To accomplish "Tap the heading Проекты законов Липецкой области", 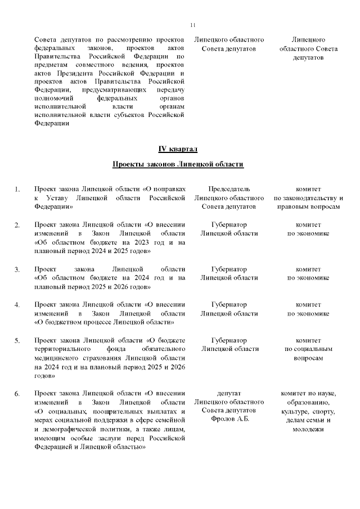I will (178, 164).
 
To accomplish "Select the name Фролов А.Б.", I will (229, 420).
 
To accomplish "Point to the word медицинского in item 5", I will (59, 358).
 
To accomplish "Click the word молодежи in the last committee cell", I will (308, 429).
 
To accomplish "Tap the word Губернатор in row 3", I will (229, 268).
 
